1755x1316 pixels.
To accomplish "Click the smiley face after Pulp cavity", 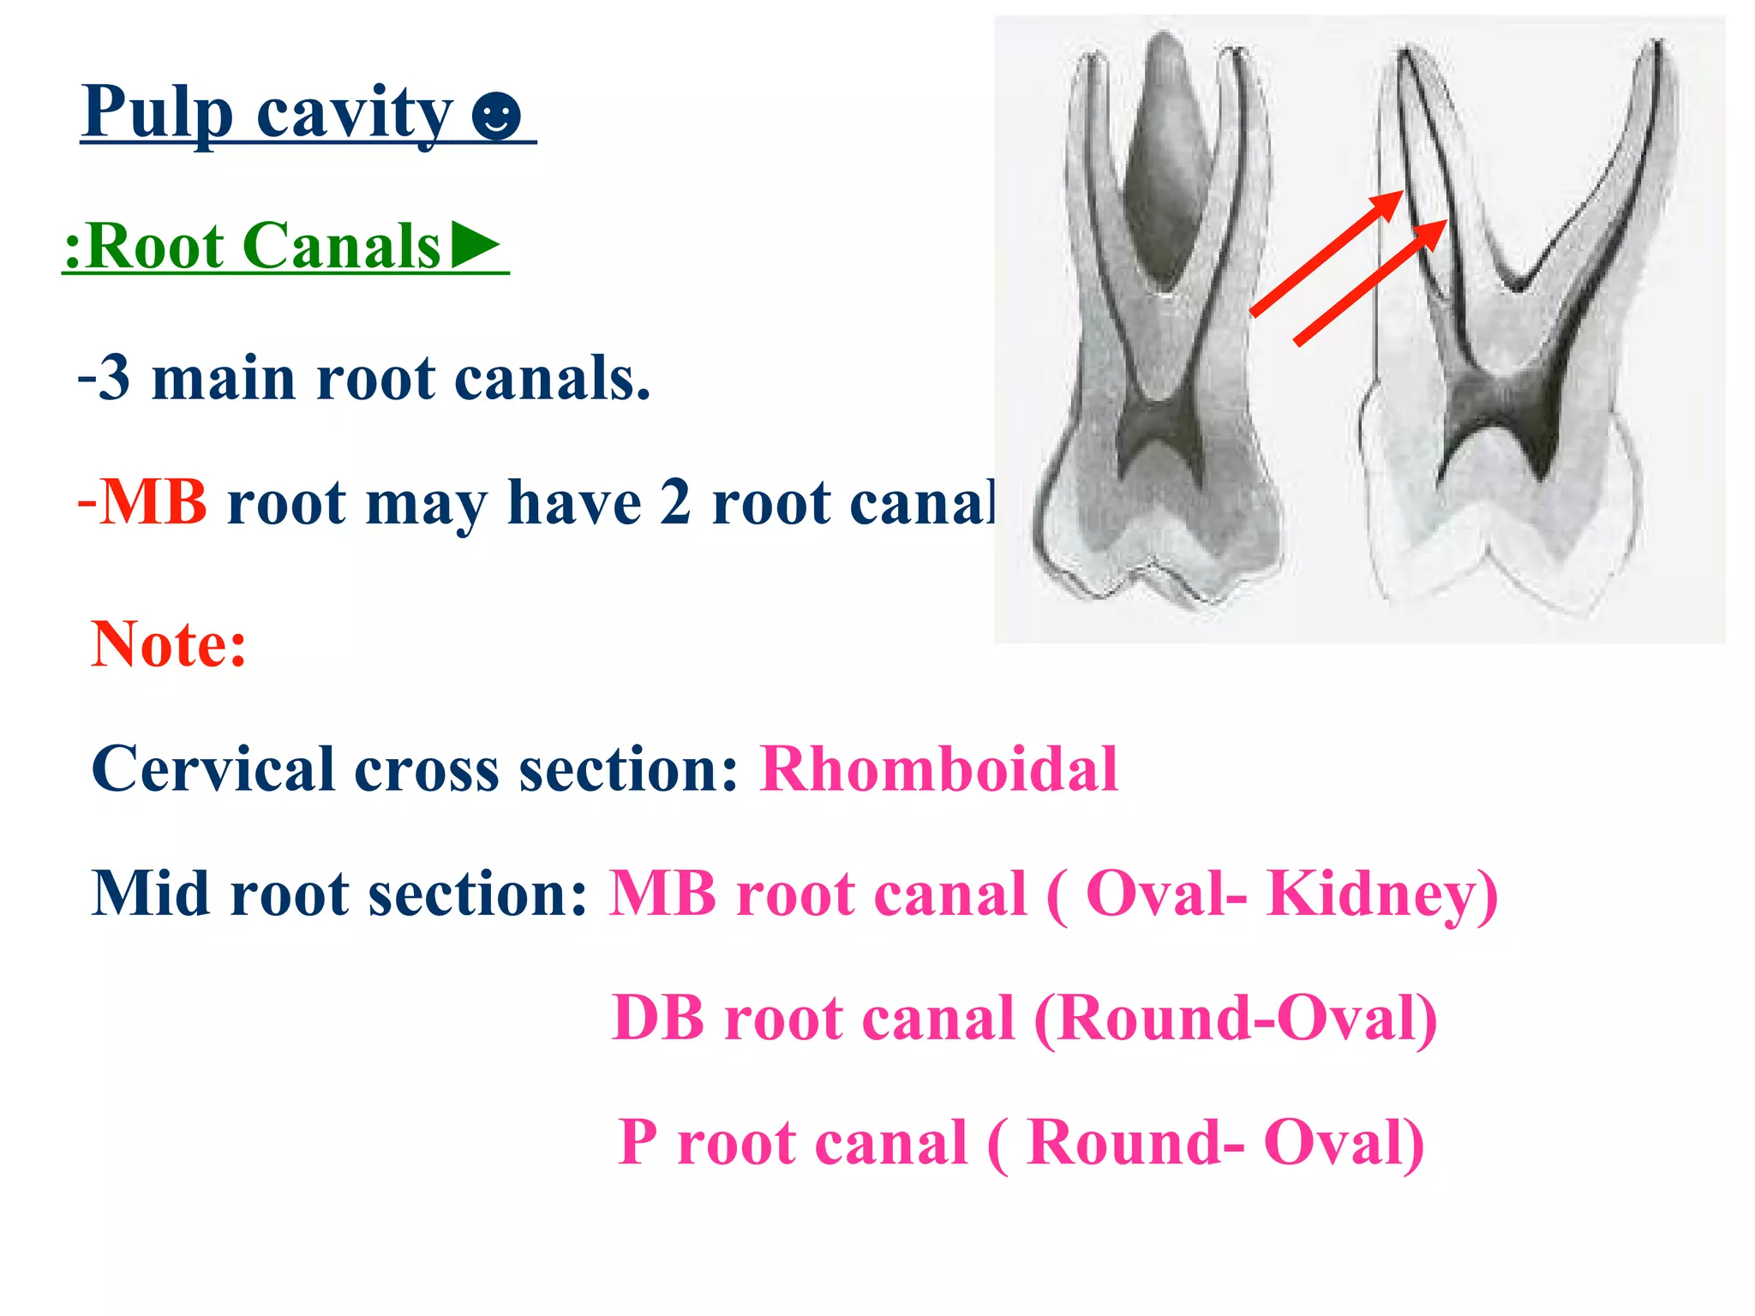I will [496, 116].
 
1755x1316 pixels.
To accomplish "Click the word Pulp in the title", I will [158, 113].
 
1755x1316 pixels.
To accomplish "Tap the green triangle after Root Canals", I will [476, 244].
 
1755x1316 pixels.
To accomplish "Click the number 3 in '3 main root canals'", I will [114, 378].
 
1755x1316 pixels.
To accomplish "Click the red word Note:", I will [169, 644].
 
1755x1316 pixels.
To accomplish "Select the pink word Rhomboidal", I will [939, 769].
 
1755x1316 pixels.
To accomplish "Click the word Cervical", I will [213, 769].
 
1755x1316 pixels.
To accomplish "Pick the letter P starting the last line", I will [638, 1142].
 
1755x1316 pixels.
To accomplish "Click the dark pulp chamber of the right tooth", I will [1495, 403].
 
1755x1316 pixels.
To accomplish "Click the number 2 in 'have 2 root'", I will [674, 502].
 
